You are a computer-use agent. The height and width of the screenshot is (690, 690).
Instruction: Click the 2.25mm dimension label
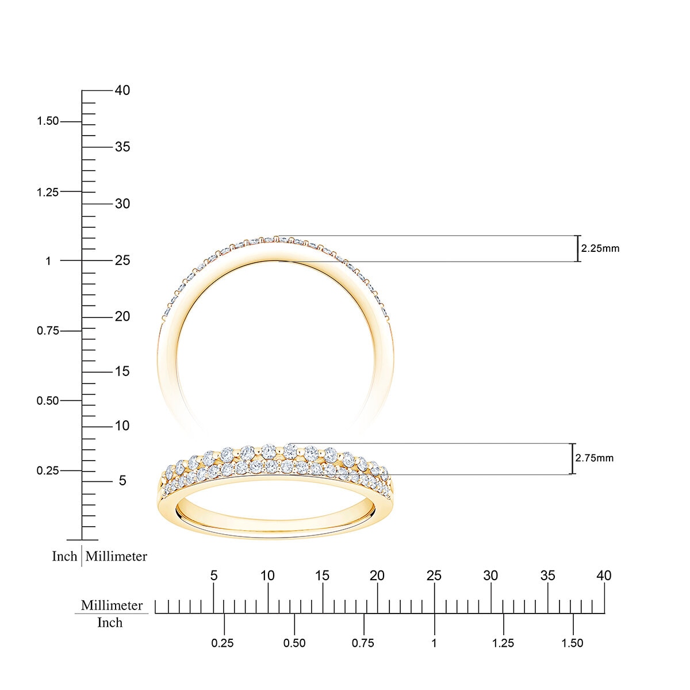600,248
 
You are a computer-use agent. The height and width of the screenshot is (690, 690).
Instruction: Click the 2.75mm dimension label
594,458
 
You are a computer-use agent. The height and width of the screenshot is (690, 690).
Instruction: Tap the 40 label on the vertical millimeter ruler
122,90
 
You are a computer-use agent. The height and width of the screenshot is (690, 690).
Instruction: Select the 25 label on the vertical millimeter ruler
122,260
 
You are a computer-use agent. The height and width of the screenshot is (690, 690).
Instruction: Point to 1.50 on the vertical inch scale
48,121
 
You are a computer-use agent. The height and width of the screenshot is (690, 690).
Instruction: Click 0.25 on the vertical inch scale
48,470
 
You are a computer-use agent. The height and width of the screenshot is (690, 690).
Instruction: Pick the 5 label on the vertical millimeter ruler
122,480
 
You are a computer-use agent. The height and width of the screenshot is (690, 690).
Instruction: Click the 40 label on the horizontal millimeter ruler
604,576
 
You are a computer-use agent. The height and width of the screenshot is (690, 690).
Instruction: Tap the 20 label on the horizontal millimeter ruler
377,576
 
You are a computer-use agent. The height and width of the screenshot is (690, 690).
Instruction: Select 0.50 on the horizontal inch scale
294,643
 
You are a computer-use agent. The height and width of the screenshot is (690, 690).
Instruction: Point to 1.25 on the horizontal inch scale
503,643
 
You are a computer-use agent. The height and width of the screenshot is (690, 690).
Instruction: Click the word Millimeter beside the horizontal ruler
112,605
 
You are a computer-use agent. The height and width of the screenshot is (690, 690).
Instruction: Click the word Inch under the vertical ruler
64,556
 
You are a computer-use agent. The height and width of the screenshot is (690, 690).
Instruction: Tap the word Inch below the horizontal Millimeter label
110,623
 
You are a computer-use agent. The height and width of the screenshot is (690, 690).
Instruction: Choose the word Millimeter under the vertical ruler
116,556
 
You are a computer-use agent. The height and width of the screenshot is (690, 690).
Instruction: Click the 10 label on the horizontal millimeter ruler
267,576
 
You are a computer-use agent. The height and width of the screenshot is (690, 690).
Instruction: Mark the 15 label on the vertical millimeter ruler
122,371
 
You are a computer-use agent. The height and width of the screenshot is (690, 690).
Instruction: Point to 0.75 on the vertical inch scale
48,331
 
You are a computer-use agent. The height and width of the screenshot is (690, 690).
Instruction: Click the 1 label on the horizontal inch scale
434,643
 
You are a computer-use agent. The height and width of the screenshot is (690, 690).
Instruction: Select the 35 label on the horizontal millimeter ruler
547,576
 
